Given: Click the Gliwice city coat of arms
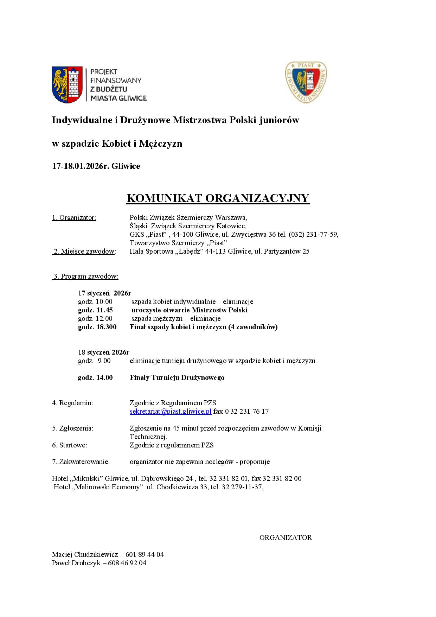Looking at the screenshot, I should point(67,84).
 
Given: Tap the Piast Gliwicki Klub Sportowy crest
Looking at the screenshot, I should point(306,82).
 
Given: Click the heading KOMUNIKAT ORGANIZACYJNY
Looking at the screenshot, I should point(218,198).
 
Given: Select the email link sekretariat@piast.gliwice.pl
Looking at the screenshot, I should point(171,411).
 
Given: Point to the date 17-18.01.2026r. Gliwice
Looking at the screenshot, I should point(96,166).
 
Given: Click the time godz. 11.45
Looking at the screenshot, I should point(95,310).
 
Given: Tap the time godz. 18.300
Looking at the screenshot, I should point(97,327).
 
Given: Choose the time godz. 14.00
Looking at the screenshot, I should point(95,377).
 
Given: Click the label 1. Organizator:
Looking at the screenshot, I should point(74,217).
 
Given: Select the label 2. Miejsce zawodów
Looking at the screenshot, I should point(84,251).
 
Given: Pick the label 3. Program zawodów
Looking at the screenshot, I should point(85,276).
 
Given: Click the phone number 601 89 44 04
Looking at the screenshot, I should point(145,554).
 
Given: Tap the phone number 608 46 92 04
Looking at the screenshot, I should point(128,563).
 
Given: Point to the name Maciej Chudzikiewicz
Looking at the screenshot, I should point(85,554).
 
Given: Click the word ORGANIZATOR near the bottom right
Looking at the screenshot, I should point(286,538).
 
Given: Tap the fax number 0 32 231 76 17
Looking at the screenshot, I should point(246,411).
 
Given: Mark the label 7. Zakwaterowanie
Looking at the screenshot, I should point(80,462).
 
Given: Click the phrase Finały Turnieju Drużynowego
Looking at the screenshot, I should point(177,377).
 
